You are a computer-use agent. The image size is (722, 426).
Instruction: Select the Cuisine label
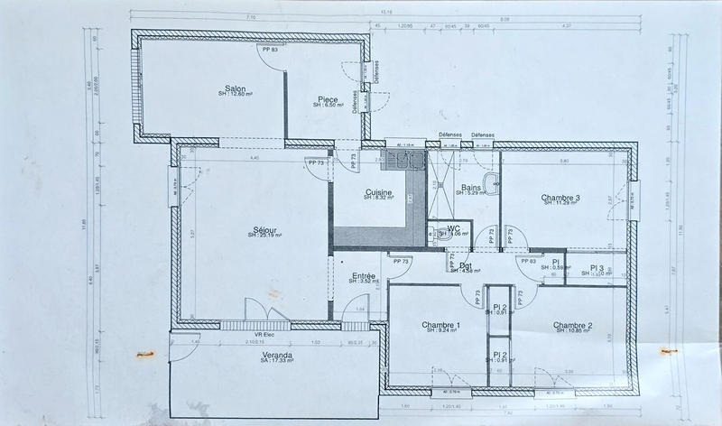coord(379,192)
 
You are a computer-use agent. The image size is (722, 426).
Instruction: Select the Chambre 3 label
coord(560,198)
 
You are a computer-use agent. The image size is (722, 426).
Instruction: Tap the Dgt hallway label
coord(467,264)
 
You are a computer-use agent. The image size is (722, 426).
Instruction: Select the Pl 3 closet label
coord(597,268)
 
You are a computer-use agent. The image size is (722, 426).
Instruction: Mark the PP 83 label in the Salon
coord(271,50)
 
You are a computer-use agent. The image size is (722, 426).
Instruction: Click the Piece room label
coord(327,99)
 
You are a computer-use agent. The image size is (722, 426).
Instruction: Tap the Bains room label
coord(470,188)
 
